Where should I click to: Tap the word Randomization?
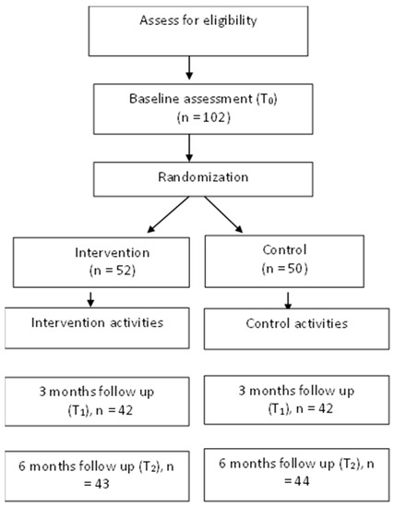[x=203, y=177]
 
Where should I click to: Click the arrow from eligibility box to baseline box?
[x=189, y=67]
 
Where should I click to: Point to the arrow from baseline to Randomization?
[x=189, y=148]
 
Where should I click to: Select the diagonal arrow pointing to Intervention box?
[x=168, y=214]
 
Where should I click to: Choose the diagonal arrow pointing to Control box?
[x=223, y=214]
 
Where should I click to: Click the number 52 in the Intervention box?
[x=124, y=271]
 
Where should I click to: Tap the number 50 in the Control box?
[x=295, y=269]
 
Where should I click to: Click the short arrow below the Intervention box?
[x=90, y=299]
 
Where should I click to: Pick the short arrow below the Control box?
[x=288, y=301]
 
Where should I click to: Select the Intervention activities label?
[x=97, y=322]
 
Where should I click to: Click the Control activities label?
[x=296, y=323]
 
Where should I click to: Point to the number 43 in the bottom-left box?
[x=102, y=484]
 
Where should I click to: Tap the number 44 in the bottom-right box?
[x=302, y=481]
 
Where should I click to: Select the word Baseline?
[x=152, y=99]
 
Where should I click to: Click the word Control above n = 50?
[x=284, y=249]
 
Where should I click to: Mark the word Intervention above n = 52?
[x=113, y=253]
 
